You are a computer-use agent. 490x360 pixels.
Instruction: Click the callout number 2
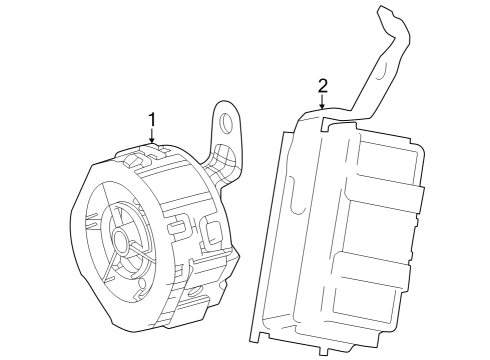click(x=322, y=85)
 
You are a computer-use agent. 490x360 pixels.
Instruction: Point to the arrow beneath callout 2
click(x=322, y=102)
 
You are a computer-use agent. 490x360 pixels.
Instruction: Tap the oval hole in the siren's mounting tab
click(x=228, y=124)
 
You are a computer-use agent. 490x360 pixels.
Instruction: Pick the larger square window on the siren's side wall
click(x=212, y=236)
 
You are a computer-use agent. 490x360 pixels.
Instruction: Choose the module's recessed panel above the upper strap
click(x=385, y=155)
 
